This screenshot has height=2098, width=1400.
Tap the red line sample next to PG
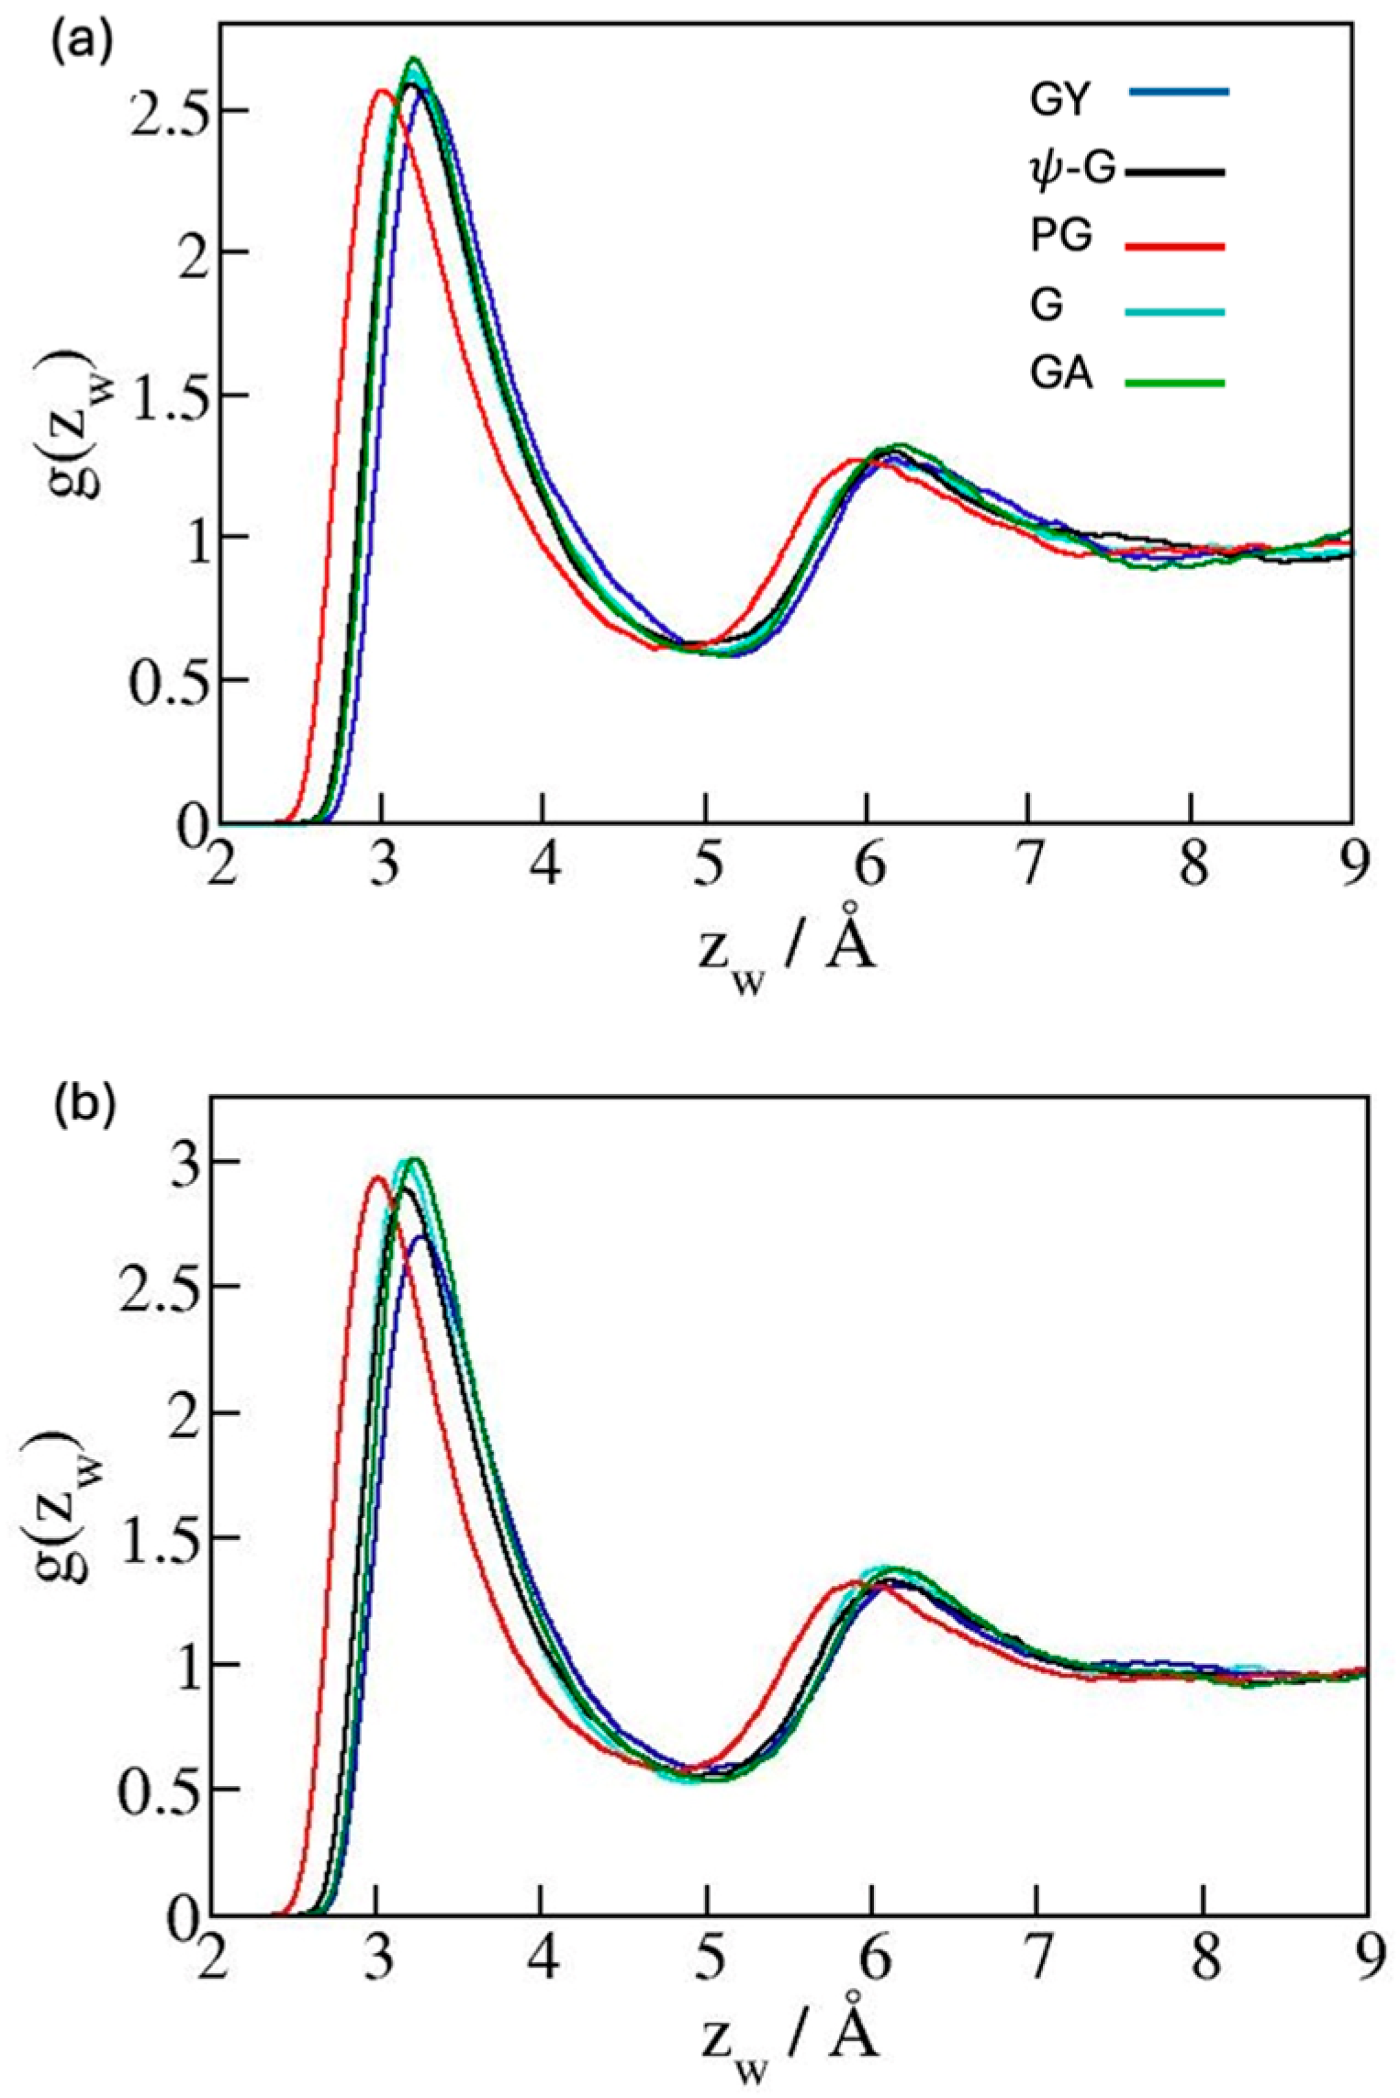coord(1175,245)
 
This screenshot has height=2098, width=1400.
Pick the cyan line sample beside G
coord(1175,312)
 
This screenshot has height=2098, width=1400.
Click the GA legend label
coord(1061,377)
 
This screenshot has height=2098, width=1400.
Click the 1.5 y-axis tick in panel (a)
coord(165,396)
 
